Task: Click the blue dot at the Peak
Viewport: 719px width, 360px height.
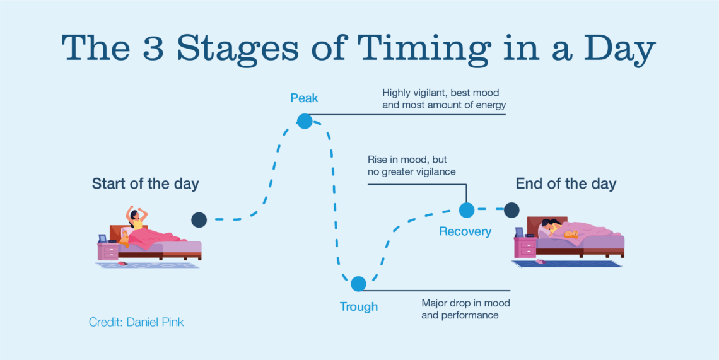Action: point(305,121)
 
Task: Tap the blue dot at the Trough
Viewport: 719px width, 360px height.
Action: point(358,284)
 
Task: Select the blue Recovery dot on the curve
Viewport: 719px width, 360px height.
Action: point(466,209)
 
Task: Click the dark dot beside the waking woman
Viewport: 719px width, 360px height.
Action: point(199,219)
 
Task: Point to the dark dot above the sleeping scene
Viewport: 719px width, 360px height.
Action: point(511,209)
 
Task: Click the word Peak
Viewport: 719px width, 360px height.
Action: point(304,98)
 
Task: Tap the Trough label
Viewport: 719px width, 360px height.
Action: point(359,306)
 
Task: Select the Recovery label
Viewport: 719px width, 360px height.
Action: point(465,231)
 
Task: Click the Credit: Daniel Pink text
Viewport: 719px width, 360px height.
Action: point(136,322)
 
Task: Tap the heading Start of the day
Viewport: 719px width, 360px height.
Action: point(145,184)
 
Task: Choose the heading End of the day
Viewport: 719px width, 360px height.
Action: point(566,184)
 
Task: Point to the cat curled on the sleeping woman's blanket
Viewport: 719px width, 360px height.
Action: point(571,235)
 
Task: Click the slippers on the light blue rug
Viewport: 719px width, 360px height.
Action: point(123,264)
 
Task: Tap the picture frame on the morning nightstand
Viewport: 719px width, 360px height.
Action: point(102,238)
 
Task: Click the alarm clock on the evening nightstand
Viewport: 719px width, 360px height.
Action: point(530,235)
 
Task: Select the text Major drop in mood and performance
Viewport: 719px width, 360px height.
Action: point(466,310)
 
